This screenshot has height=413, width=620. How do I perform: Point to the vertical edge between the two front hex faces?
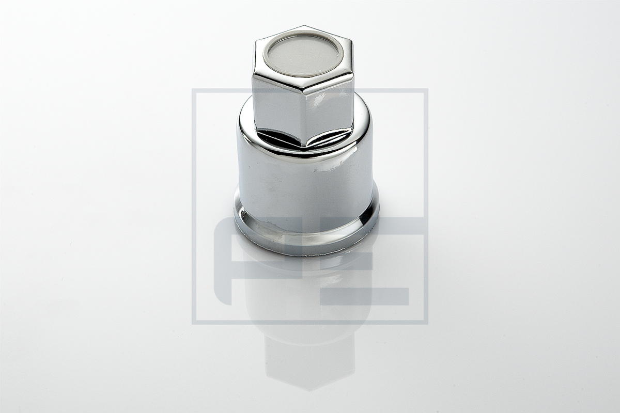coord(304,119)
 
